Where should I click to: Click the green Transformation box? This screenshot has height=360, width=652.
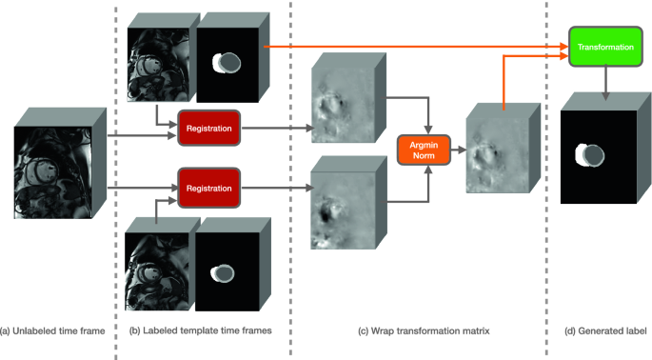click(605, 47)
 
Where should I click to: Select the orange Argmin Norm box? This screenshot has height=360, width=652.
click(424, 150)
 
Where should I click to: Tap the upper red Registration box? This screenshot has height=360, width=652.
click(208, 129)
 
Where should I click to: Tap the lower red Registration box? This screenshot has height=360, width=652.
click(208, 189)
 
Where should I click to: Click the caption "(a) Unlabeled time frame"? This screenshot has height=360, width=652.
click(52, 331)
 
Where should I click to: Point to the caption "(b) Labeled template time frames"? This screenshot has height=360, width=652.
click(201, 330)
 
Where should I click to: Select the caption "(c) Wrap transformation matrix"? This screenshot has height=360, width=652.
click(424, 331)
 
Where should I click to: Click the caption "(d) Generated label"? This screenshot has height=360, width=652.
click(605, 331)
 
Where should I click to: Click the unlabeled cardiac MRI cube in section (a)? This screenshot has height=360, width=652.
click(60, 163)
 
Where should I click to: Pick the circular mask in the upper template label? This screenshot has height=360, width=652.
click(227, 63)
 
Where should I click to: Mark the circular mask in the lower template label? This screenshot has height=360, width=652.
click(223, 273)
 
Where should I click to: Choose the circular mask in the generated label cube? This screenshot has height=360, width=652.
click(589, 155)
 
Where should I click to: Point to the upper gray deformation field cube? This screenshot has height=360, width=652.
click(348, 98)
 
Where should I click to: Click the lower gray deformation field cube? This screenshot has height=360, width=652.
click(348, 203)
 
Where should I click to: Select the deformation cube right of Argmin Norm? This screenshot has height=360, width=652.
click(503, 149)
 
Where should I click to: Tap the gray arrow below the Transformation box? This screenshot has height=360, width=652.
click(606, 83)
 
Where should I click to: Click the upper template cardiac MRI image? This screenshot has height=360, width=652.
click(158, 65)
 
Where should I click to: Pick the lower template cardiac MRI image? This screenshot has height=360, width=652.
click(157, 271)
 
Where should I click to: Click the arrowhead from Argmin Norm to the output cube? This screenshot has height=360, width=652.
click(463, 150)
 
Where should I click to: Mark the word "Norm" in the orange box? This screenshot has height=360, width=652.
click(424, 155)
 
